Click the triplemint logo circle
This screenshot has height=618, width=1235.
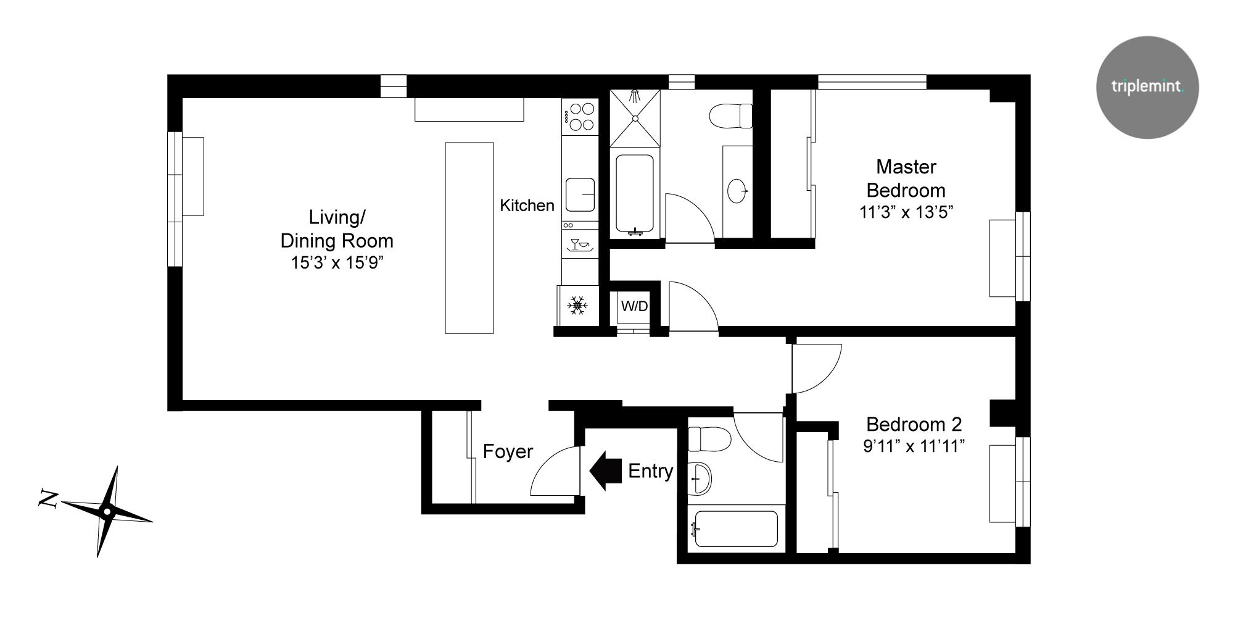tap(1147, 87)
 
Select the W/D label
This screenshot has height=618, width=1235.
tap(634, 306)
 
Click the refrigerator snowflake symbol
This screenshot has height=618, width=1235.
tap(577, 306)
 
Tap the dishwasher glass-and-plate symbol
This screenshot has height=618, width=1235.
tap(580, 244)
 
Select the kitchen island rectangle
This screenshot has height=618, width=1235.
tap(469, 238)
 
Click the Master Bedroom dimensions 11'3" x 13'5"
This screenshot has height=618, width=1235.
tap(906, 212)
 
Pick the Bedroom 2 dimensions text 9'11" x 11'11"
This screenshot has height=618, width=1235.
tap(913, 446)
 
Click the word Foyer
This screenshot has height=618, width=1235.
tap(508, 451)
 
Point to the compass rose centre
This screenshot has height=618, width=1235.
tap(107, 511)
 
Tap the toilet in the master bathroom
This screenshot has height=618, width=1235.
tap(731, 116)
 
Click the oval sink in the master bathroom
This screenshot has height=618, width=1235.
tap(737, 191)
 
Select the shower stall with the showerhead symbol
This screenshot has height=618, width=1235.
tap(635, 118)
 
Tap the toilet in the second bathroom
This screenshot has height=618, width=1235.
tap(709, 439)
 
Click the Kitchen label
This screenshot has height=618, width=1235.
tap(527, 205)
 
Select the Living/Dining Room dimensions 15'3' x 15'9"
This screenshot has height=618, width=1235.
tap(337, 263)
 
